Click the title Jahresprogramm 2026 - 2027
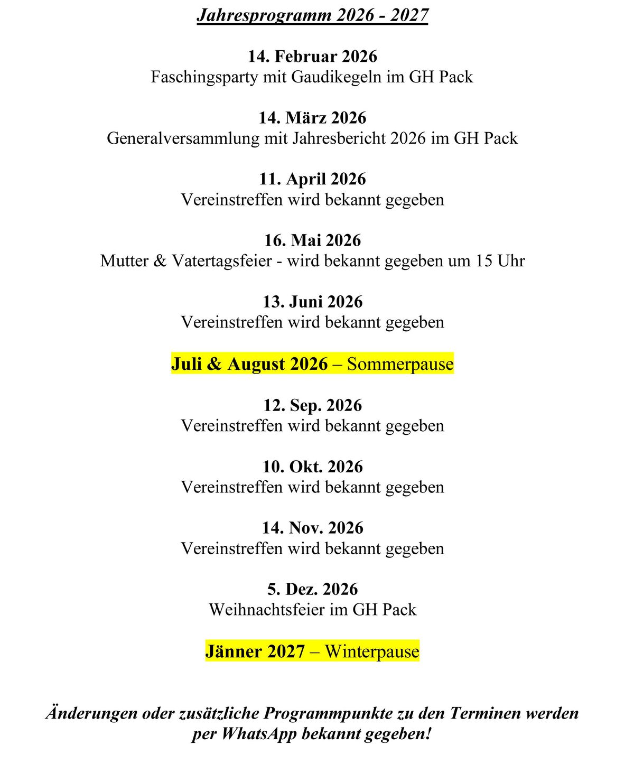[312, 15]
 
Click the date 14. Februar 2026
[312, 57]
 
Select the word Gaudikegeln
[336, 77]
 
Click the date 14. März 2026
[312, 118]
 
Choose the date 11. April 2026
[312, 179]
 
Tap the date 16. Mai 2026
[312, 240]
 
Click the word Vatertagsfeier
[222, 261]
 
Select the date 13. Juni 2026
[312, 302]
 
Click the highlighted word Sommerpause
[400, 364]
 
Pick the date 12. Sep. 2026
[312, 405]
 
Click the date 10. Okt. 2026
[312, 467]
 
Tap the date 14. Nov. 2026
[312, 528]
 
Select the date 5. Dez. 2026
[312, 589]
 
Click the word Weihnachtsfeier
[267, 610]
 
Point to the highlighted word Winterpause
[372, 651]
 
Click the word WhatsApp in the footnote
[259, 734]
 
